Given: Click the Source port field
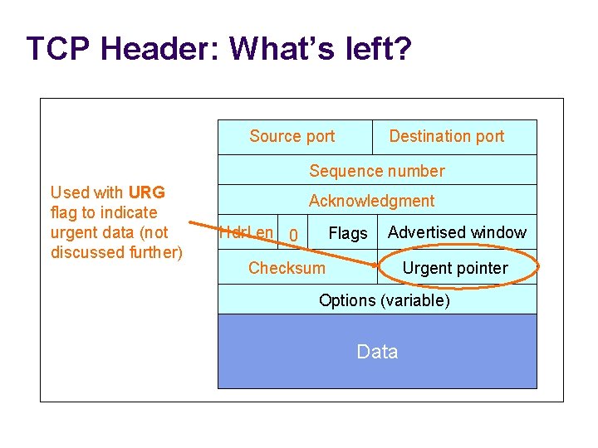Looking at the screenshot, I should click(x=292, y=136).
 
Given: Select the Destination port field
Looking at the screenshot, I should click(x=446, y=136).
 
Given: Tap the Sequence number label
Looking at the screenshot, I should click(x=377, y=171).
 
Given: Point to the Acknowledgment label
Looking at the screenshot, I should click(x=371, y=201).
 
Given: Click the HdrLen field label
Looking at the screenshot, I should click(x=246, y=232).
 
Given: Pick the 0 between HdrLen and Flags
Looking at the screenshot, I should click(x=292, y=237).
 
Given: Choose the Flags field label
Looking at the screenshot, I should click(x=347, y=234).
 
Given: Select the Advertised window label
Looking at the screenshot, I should click(x=457, y=232).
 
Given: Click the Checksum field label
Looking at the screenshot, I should click(x=287, y=268).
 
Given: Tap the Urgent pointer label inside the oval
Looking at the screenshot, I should click(x=454, y=268).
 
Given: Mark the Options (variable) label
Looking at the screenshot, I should click(x=384, y=300).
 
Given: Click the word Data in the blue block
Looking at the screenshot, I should click(x=377, y=352).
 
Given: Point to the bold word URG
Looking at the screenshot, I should click(x=147, y=192).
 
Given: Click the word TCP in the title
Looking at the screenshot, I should click(x=59, y=49).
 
